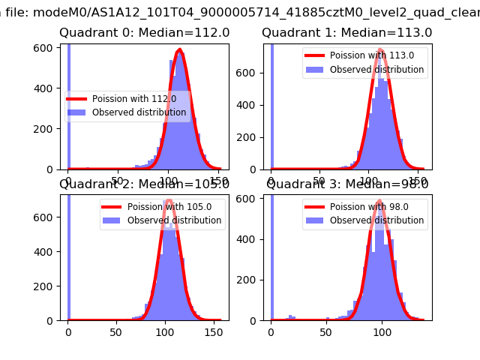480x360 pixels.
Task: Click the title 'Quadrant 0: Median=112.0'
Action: click(x=145, y=33)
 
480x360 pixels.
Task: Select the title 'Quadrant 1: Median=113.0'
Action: click(x=347, y=33)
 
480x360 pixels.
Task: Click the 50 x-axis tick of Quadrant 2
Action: click(x=115, y=332)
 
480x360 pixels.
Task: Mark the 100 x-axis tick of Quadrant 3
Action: click(x=382, y=332)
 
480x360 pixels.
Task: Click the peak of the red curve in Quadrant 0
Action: click(x=179, y=50)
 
